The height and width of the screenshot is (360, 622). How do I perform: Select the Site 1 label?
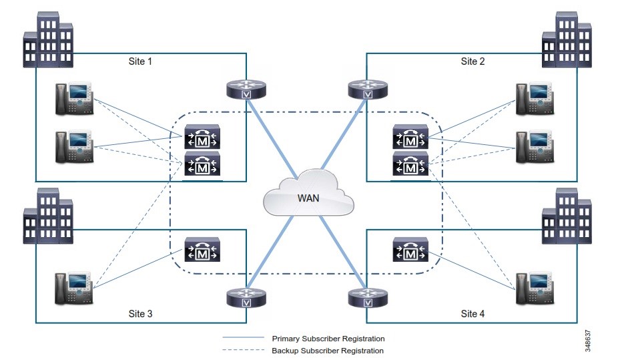pyautogui.click(x=140, y=61)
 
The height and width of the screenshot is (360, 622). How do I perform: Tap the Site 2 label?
pyautogui.click(x=473, y=61)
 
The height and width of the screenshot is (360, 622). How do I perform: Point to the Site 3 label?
pyautogui.click(x=140, y=313)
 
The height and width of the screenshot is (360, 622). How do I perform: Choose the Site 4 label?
pyautogui.click(x=473, y=313)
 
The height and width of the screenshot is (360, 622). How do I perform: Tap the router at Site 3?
pyautogui.click(x=246, y=298)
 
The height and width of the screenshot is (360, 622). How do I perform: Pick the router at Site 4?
pyautogui.click(x=366, y=298)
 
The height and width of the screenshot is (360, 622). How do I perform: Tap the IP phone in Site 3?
pyautogui.click(x=74, y=288)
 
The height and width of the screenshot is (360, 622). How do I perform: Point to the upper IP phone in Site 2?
pyautogui.click(x=535, y=99)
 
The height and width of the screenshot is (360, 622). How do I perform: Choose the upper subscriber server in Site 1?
pyautogui.click(x=203, y=140)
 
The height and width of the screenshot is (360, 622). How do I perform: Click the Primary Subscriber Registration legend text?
pyautogui.click(x=328, y=339)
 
